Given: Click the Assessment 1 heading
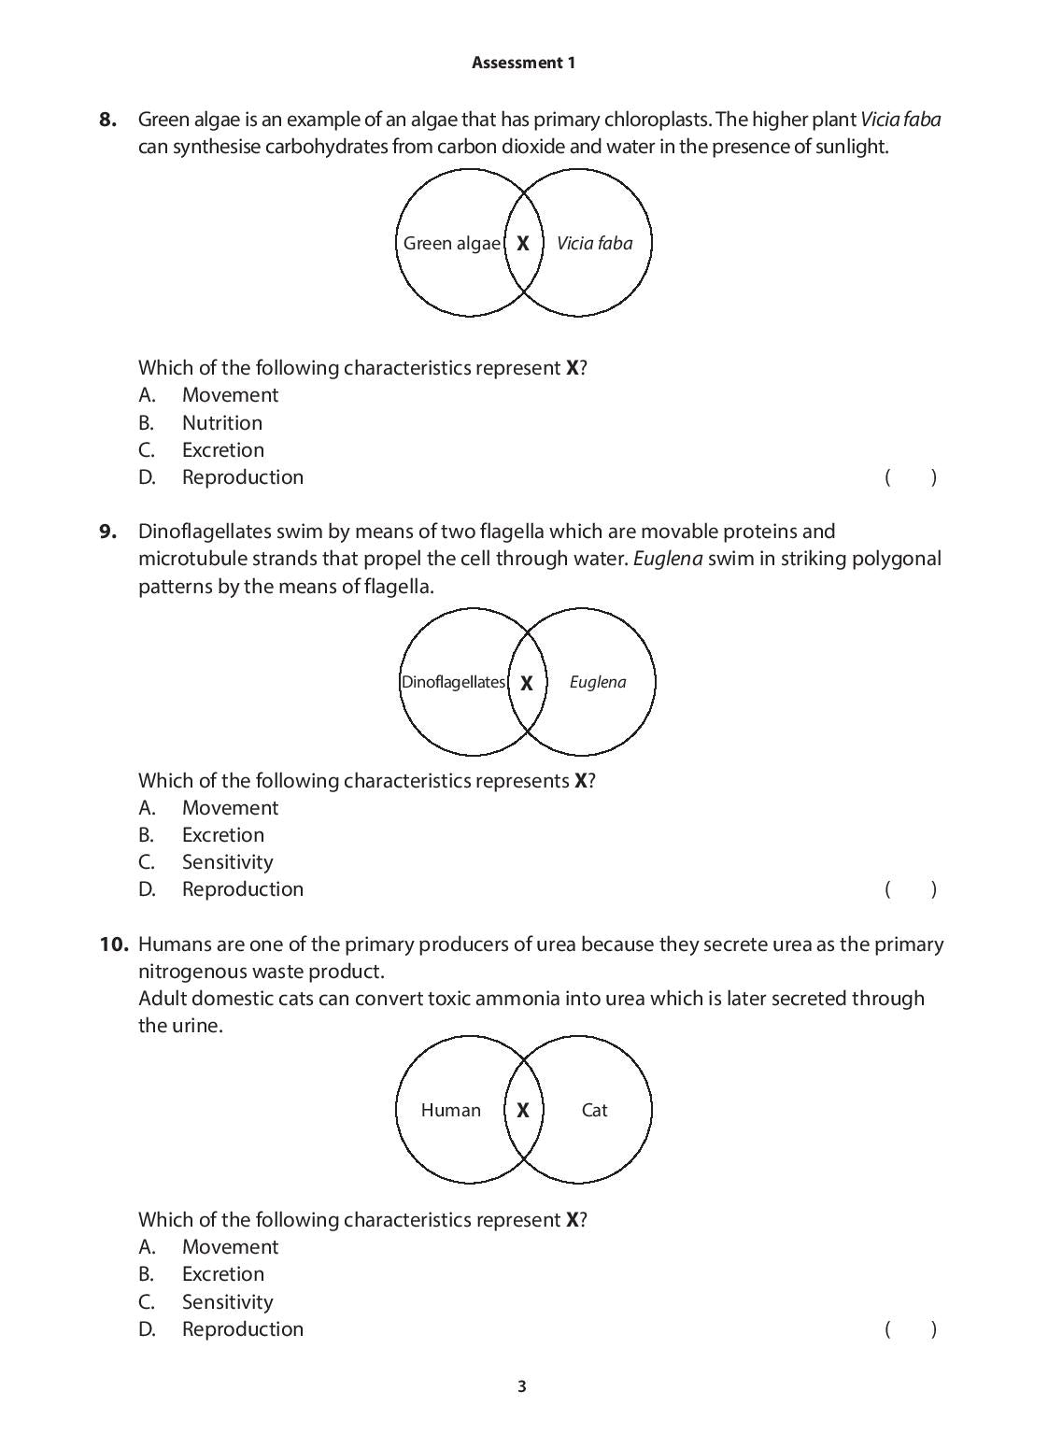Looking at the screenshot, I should (x=523, y=63).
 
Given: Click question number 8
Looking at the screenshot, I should (x=108, y=119).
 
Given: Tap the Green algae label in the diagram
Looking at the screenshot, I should (x=451, y=243).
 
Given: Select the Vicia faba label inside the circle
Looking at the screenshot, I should (x=594, y=243).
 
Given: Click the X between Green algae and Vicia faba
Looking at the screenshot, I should (x=523, y=243).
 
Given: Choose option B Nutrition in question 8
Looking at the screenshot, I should (x=221, y=422).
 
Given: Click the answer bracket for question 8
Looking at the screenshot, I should (x=910, y=477).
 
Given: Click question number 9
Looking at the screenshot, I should (x=108, y=532).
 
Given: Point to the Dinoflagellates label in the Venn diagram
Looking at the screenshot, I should (x=453, y=682).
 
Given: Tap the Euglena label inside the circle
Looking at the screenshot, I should (x=598, y=682).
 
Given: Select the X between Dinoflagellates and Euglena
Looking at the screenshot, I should (x=527, y=683).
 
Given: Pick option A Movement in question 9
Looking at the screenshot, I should (x=230, y=807).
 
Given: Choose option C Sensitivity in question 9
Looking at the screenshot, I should (x=227, y=861).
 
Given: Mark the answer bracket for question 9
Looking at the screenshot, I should (x=910, y=889).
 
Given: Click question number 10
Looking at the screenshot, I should (x=113, y=944).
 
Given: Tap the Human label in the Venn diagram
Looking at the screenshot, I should (x=451, y=1110).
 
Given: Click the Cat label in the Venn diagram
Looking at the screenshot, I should (x=594, y=1110).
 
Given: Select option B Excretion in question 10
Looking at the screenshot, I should (x=222, y=1273).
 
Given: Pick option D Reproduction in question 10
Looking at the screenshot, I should (x=242, y=1328).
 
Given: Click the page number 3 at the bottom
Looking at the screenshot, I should (x=522, y=1386).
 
